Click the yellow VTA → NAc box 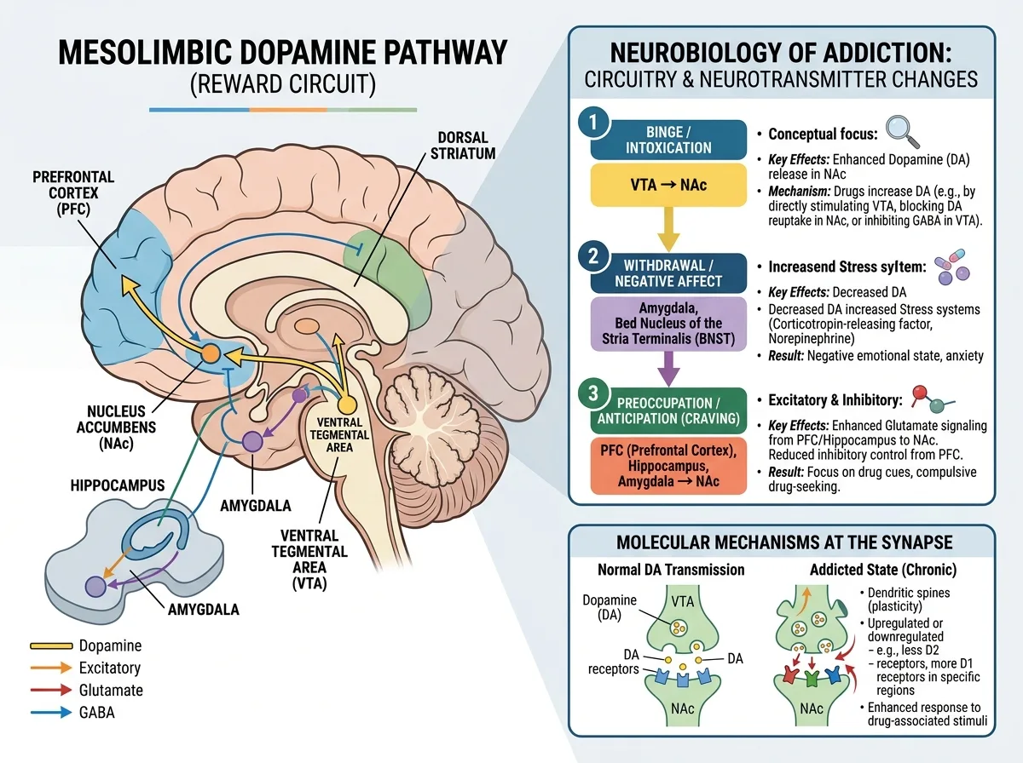(x=668, y=185)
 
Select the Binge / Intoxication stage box (x=668, y=140)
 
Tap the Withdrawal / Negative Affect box (x=668, y=273)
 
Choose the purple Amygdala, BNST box (x=668, y=324)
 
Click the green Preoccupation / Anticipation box (x=668, y=410)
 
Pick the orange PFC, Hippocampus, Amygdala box (x=668, y=466)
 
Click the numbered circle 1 (x=593, y=123)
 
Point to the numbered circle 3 (x=593, y=393)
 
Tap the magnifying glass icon (x=902, y=131)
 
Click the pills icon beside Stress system (x=951, y=267)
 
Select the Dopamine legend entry (x=86, y=645)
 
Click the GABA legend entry (x=72, y=712)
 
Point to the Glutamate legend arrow (x=51, y=690)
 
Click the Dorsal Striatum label (x=463, y=146)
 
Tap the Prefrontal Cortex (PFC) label (x=73, y=192)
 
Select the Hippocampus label (x=118, y=485)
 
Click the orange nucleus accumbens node (x=210, y=353)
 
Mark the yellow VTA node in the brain (x=346, y=404)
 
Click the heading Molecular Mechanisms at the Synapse (x=784, y=542)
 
